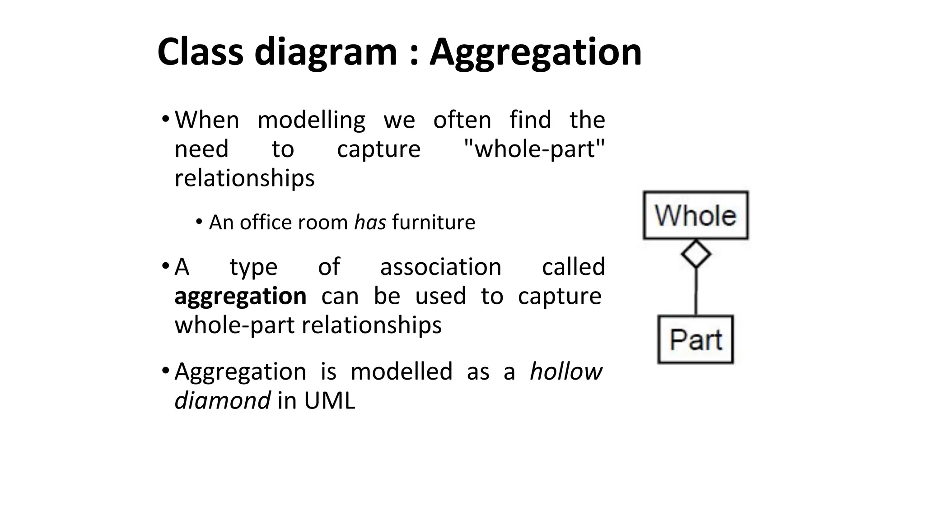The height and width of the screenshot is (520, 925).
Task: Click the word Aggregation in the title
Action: [535, 53]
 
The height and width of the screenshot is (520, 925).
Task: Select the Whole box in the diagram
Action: [696, 215]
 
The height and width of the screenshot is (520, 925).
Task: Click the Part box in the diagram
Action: [696, 339]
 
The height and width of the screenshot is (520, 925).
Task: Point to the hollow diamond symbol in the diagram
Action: [696, 254]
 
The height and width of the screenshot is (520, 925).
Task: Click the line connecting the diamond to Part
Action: [696, 292]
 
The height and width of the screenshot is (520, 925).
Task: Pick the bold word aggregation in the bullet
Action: [240, 297]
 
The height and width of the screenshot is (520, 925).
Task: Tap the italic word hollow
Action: [565, 371]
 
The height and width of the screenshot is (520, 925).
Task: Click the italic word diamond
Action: [222, 400]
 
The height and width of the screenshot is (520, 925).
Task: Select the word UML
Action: [330, 400]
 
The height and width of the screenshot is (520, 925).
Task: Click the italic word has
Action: [370, 223]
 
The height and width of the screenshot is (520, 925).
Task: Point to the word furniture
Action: [434, 223]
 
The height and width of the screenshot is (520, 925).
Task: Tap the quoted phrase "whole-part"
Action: [535, 149]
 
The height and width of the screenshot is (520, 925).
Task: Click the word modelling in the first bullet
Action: [311, 121]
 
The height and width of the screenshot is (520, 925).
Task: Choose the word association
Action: [441, 267]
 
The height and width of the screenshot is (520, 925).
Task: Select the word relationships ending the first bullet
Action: [244, 178]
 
